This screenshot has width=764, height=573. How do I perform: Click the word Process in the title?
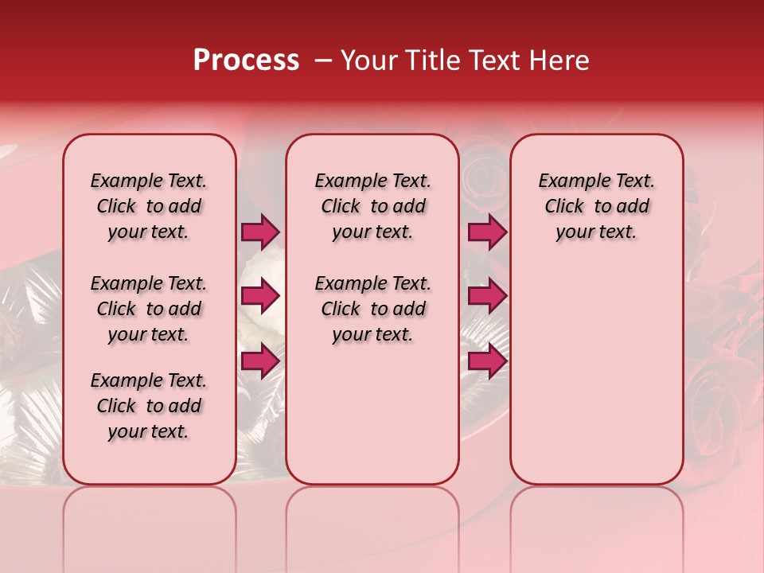(x=246, y=60)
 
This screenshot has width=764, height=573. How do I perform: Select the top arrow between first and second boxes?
(x=260, y=232)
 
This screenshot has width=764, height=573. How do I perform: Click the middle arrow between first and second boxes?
(x=260, y=296)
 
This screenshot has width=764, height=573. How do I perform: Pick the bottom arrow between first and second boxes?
(x=260, y=361)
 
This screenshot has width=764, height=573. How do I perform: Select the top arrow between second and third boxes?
(x=487, y=232)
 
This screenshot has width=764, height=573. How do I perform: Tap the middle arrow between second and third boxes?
(x=487, y=296)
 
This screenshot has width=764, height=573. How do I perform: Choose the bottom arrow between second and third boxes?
(x=487, y=361)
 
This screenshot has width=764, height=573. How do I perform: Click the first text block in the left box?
(x=149, y=206)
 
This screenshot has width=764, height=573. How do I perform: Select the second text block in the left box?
(x=149, y=309)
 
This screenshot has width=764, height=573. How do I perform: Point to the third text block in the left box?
(x=149, y=406)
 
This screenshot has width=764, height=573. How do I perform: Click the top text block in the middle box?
(x=372, y=206)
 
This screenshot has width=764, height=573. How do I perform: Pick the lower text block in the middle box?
(x=372, y=309)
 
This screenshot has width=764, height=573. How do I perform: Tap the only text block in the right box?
(x=596, y=206)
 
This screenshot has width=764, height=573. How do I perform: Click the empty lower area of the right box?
(x=596, y=374)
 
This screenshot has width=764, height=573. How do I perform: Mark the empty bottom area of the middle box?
(x=372, y=422)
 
